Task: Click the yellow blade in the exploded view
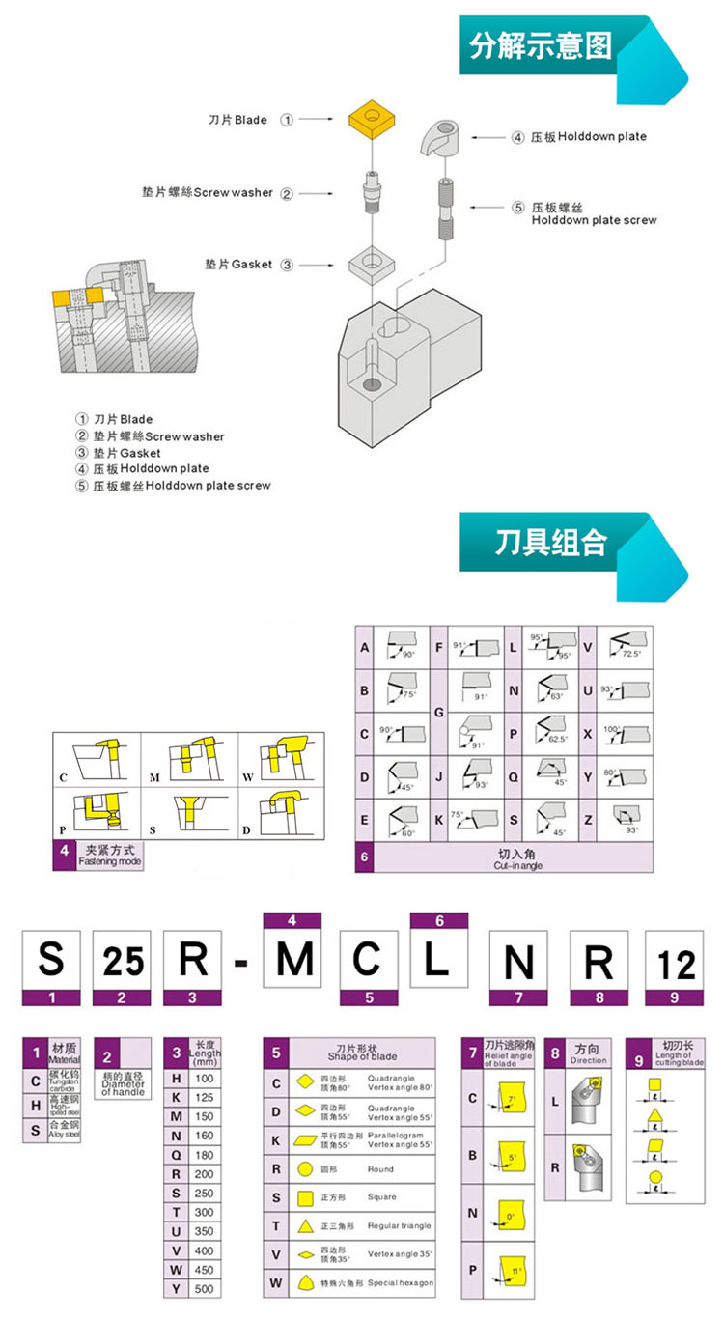[x=372, y=121]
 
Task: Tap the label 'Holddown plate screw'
[x=594, y=220]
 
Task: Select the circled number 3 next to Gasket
[x=287, y=265]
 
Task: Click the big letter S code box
[x=50, y=960]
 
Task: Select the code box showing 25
[x=124, y=960]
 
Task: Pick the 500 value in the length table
[x=204, y=1288]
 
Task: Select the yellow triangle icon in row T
[x=305, y=1226]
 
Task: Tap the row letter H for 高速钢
[x=35, y=1104]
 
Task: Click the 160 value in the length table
[x=204, y=1136]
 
